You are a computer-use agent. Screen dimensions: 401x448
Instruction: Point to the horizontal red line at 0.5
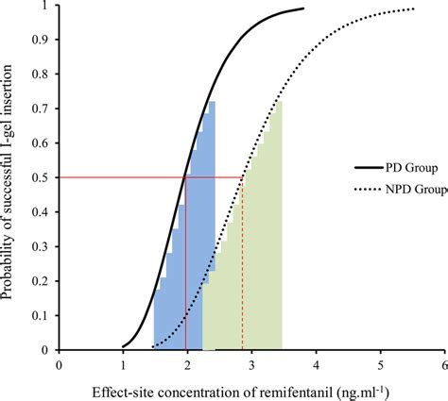[113, 177]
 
